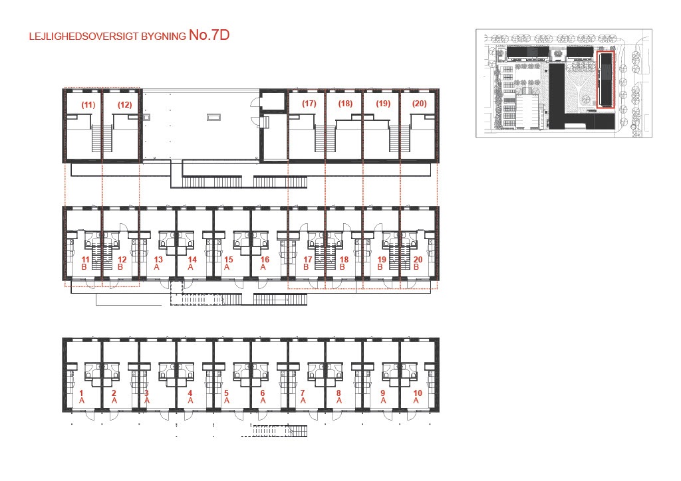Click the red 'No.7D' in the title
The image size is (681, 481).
(x=209, y=35)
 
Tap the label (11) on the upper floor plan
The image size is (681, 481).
(x=88, y=104)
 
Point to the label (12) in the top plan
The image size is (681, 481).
(x=124, y=104)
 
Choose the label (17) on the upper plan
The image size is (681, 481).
(x=309, y=103)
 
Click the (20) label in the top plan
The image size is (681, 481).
(x=420, y=103)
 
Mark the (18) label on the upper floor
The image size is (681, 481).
(x=345, y=103)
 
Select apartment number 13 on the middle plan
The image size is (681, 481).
(x=158, y=259)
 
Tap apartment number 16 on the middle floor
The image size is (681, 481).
(x=265, y=259)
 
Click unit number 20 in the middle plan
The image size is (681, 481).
(x=418, y=259)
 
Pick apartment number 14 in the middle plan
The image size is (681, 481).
(x=192, y=259)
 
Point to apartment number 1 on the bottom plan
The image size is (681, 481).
(x=81, y=393)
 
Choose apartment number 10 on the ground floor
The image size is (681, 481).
(x=418, y=393)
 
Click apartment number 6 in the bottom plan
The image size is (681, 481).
(x=263, y=393)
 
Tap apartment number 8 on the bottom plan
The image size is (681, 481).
(x=339, y=393)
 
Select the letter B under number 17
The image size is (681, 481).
(x=306, y=267)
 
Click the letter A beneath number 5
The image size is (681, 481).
(x=226, y=401)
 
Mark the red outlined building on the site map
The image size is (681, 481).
(x=605, y=79)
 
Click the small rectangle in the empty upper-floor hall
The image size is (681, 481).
(x=213, y=117)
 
